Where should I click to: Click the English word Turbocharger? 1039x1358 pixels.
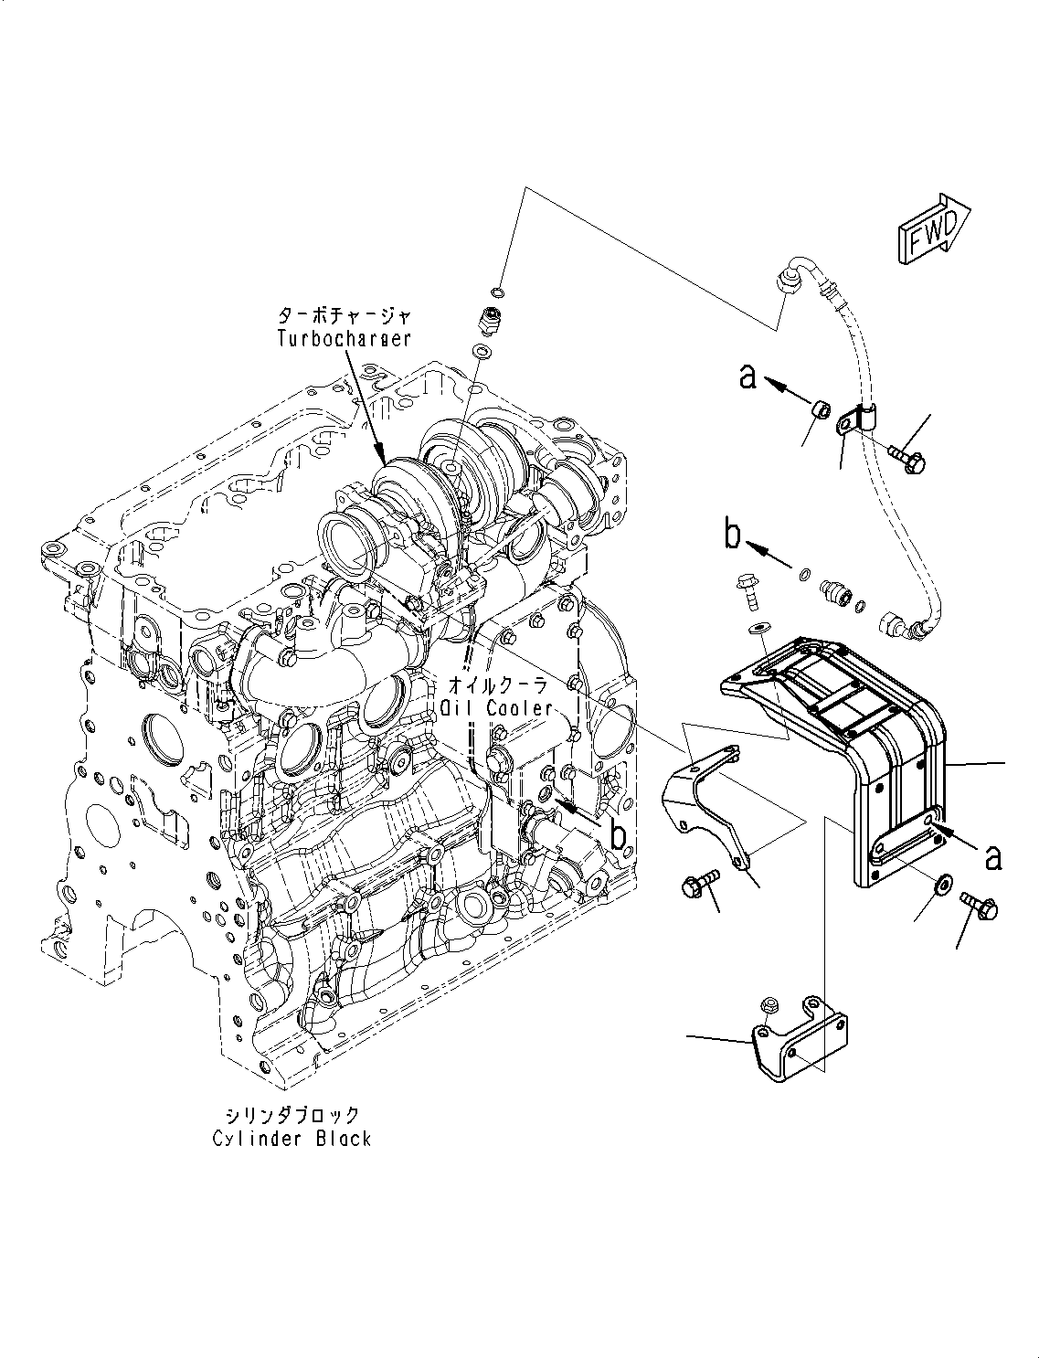[344, 338]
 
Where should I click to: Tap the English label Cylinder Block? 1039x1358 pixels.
[292, 1138]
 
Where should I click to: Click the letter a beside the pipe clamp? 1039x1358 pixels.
[748, 376]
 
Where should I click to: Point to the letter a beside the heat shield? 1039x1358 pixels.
[992, 856]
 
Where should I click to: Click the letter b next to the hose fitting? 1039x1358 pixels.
[733, 536]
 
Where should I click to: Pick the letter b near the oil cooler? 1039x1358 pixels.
[619, 833]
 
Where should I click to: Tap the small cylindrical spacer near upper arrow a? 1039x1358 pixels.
[822, 410]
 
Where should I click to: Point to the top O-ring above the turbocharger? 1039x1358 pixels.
[496, 292]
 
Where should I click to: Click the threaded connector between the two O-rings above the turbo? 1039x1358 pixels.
[491, 321]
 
